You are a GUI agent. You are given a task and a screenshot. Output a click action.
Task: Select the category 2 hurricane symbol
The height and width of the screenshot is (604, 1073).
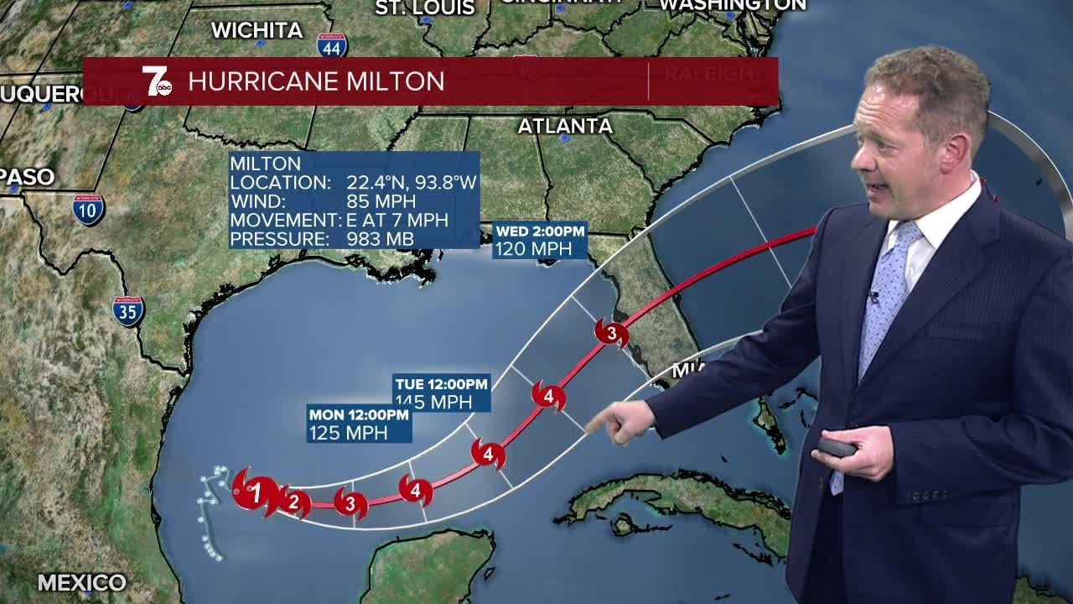(293, 502)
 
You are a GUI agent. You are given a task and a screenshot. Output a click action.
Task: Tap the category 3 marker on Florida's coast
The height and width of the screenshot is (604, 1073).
(611, 334)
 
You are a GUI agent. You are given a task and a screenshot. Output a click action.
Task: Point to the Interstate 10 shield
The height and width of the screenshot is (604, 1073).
(88, 210)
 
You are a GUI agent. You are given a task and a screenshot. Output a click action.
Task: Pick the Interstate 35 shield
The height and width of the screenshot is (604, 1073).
(128, 310)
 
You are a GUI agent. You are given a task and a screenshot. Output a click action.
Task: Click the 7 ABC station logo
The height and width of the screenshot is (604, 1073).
(157, 81)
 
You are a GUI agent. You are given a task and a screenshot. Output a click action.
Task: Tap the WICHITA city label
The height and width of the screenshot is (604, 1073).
(257, 30)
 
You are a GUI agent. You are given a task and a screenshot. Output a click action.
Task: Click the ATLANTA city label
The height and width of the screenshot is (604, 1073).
(565, 126)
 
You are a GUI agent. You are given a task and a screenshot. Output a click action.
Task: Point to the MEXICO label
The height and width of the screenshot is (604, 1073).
(81, 582)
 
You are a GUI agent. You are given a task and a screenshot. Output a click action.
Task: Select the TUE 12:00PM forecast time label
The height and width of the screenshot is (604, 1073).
(442, 384)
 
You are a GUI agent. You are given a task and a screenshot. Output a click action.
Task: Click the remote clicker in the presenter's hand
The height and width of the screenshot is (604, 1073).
(836, 447)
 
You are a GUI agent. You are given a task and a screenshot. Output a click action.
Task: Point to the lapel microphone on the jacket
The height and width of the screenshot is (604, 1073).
(873, 296)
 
